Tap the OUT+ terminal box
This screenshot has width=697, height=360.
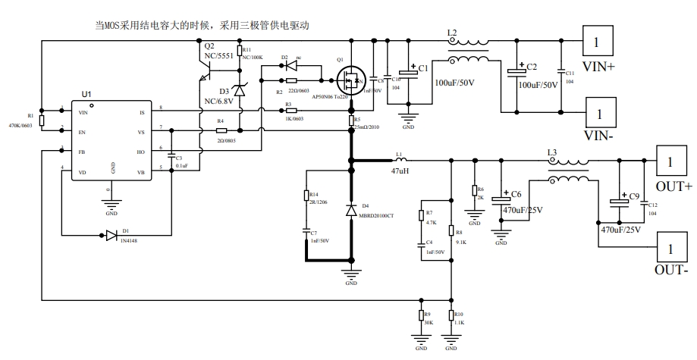(669, 162)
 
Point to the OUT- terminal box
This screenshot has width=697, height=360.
(669, 248)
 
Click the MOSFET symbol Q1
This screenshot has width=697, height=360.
(350, 78)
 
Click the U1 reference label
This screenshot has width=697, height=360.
(86, 95)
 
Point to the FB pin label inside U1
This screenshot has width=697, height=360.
(82, 151)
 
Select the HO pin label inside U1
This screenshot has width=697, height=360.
(140, 151)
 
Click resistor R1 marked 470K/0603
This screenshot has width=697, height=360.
(42, 121)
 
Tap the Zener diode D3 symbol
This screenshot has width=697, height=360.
(240, 90)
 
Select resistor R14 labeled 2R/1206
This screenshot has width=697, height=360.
(306, 198)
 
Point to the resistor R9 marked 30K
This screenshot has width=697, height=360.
(420, 315)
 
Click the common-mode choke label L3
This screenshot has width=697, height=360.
(552, 152)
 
